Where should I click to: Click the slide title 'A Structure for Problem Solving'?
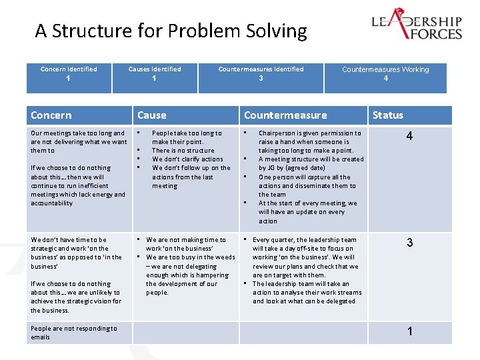tap(171, 31)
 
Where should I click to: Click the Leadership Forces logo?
tap(417, 25)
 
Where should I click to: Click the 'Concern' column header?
tap(51, 115)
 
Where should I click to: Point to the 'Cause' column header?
tap(152, 115)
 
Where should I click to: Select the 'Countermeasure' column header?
tap(285, 115)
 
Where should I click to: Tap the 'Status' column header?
tap(388, 115)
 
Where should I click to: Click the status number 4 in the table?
tap(409, 137)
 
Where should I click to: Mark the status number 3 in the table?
tap(409, 243)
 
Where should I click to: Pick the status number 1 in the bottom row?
tap(409, 331)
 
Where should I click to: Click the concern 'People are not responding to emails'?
tap(73, 333)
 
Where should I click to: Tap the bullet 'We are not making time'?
tap(186, 244)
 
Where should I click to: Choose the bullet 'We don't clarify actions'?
tap(187, 159)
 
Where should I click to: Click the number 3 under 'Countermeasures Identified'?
tap(261, 79)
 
